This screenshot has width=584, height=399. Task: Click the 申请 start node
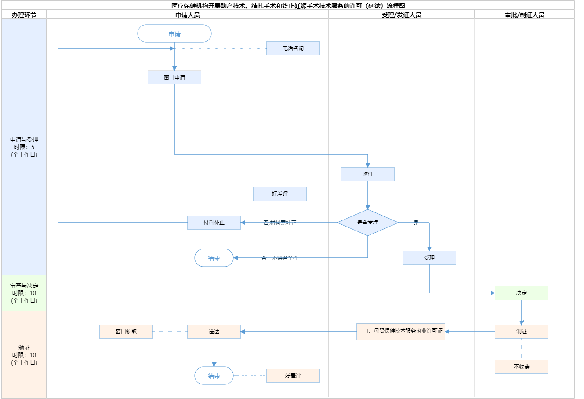(174, 34)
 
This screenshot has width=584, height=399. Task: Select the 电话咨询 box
(293, 48)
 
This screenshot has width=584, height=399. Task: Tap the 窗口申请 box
(174, 77)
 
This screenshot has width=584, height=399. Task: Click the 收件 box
(368, 174)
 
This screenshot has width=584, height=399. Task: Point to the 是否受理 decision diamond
(368, 223)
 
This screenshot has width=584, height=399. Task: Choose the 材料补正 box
(214, 223)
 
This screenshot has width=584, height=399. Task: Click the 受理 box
(429, 258)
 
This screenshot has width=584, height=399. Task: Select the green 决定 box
(522, 293)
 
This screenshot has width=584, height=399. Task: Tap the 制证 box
(522, 332)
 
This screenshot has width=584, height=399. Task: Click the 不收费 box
(522, 367)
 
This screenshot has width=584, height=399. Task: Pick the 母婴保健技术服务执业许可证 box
(401, 331)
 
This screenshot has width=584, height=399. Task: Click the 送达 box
(214, 332)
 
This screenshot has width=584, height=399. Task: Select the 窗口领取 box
(126, 332)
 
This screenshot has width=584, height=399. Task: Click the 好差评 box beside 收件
(280, 194)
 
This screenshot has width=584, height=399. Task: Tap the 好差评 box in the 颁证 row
(293, 376)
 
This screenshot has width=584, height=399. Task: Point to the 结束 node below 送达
(214, 376)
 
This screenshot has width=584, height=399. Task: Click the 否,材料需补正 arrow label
(280, 223)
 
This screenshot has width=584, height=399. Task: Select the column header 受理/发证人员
(402, 15)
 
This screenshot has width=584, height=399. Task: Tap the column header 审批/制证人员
(525, 15)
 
